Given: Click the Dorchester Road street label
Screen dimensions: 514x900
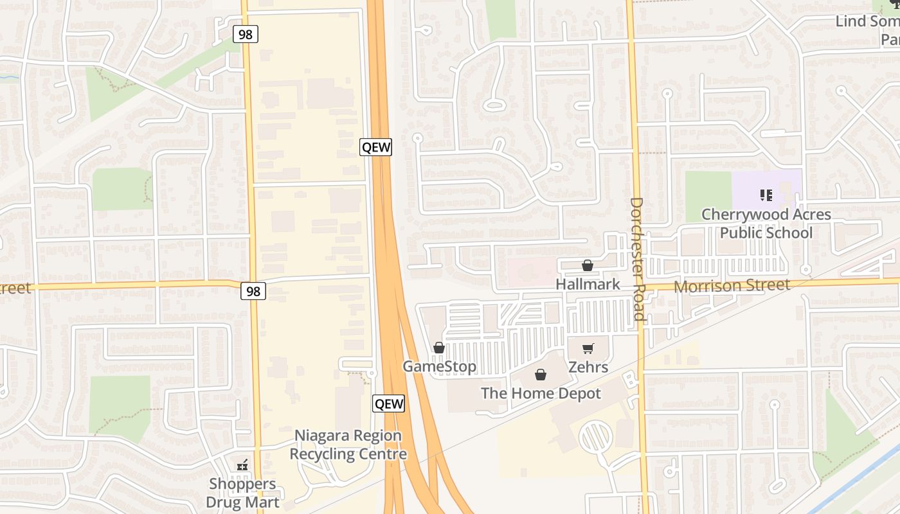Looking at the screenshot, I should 636,258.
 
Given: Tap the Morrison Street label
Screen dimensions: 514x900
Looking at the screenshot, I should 732,285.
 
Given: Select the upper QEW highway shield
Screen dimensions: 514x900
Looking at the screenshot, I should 375,147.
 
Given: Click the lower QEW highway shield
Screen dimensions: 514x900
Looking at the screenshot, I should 389,403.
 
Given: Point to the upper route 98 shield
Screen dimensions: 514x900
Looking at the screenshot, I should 246,34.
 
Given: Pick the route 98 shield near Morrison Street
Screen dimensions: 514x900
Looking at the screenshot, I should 253,291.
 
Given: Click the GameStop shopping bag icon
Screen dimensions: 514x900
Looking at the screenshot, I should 439,348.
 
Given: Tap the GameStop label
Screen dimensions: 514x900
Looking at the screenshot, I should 440,366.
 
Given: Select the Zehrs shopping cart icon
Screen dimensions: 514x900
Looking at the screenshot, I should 588,349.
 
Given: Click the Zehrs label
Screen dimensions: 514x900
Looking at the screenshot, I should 588,367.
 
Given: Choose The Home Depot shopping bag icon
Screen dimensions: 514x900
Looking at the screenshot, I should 541,375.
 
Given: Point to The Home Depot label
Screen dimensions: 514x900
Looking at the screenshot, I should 541,393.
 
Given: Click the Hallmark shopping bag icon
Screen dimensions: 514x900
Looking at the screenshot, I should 587,265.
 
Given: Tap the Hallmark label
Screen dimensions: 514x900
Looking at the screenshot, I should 588,284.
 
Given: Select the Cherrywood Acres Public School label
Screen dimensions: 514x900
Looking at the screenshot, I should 766,223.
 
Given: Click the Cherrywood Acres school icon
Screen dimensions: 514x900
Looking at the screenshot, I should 766,195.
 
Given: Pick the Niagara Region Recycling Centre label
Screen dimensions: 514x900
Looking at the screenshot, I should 348,445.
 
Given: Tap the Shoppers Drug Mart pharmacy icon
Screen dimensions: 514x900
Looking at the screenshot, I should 242,465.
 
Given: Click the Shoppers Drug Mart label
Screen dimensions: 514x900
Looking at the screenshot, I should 242,493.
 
